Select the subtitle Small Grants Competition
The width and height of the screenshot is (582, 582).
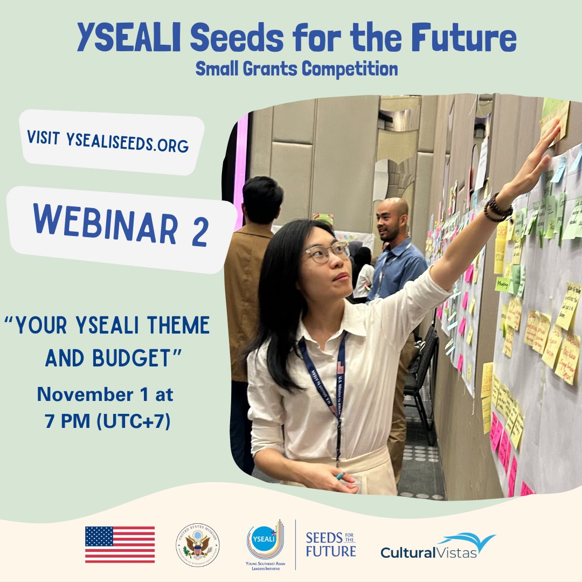[x=297, y=69]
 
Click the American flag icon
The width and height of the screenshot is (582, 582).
[x=120, y=544]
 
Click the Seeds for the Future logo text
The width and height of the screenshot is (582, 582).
[x=330, y=544]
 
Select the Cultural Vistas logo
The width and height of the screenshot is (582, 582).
[x=438, y=546]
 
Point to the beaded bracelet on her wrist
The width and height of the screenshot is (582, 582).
[x=496, y=209]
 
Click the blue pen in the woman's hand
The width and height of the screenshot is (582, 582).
[x=342, y=476]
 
